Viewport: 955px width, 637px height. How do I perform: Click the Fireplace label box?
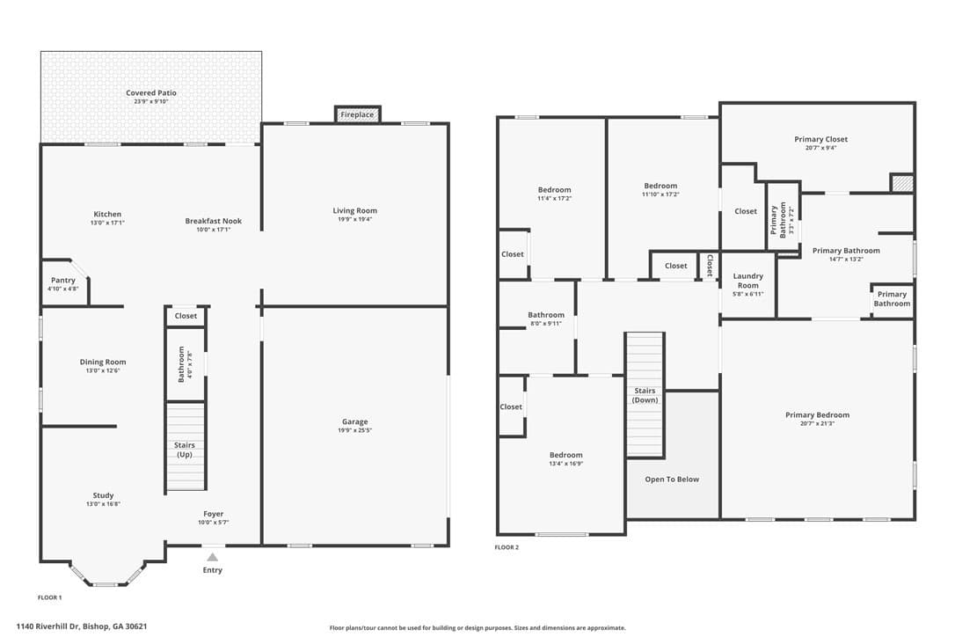[358, 114]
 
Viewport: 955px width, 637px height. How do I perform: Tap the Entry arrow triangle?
[212, 557]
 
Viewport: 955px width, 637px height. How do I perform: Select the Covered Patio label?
[151, 92]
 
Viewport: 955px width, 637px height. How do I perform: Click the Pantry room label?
[63, 281]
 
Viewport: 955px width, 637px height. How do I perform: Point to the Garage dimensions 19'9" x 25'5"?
[355, 430]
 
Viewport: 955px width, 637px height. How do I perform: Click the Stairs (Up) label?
[185, 450]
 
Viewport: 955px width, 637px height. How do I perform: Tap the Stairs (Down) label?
[645, 396]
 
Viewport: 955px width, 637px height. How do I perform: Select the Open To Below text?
[672, 480]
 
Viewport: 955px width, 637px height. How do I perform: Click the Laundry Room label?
[748, 281]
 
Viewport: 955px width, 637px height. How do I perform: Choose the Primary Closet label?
[821, 139]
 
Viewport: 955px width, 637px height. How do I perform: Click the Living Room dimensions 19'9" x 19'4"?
[355, 219]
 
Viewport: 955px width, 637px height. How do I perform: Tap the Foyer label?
[213, 514]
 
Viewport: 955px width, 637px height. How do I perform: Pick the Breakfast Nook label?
[213, 221]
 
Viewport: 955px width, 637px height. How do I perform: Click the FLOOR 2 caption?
[507, 547]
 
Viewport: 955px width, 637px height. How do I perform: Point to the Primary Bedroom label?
[817, 415]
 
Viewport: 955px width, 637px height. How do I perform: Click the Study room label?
[104, 495]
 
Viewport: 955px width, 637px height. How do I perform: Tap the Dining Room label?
[103, 362]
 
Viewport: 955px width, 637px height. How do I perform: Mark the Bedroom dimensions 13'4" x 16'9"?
[565, 464]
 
